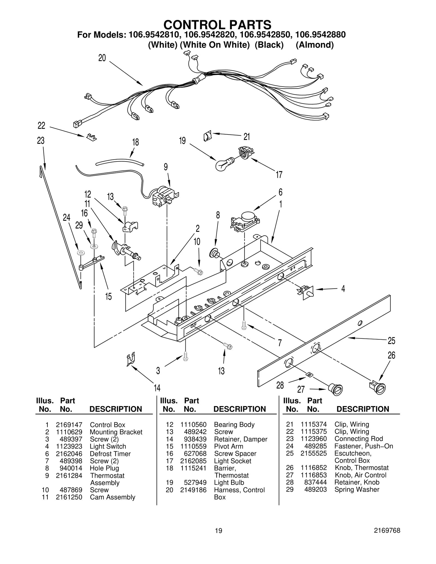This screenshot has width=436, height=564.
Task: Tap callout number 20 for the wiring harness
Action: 102,58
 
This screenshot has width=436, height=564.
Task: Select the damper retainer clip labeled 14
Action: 131,360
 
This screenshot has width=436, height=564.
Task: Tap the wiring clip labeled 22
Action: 91,137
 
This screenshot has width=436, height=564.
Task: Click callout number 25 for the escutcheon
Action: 391,341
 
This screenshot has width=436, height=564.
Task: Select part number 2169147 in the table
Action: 69,425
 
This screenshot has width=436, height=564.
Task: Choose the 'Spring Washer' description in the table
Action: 357,489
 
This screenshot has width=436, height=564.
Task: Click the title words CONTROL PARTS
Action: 217,25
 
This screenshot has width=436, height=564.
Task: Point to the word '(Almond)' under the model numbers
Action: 315,45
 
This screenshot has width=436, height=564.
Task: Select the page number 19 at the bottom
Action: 218,538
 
